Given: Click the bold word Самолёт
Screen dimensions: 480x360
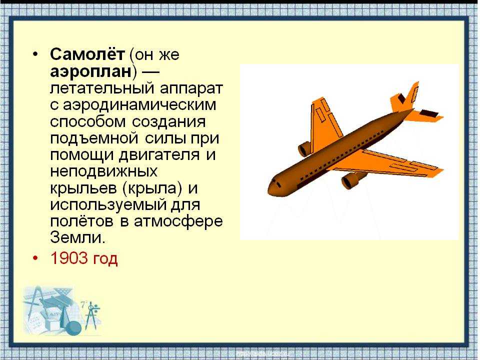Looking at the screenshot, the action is click(x=87, y=54).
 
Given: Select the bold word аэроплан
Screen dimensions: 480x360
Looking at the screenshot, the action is click(x=91, y=71).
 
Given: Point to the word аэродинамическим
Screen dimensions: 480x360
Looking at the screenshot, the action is click(x=139, y=104).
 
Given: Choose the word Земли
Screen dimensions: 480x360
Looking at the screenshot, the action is click(x=78, y=236).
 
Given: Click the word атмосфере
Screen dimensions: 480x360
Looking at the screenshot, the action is click(x=178, y=220).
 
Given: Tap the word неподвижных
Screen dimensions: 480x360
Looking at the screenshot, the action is click(x=104, y=171).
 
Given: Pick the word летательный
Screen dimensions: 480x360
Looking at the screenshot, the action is click(x=102, y=88).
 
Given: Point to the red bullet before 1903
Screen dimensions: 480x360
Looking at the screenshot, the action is click(x=36, y=258).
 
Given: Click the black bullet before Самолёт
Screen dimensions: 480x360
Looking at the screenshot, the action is click(x=36, y=54).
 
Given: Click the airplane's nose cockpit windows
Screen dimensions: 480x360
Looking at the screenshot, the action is click(x=276, y=183).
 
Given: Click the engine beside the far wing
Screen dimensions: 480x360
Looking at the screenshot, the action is click(x=305, y=149).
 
